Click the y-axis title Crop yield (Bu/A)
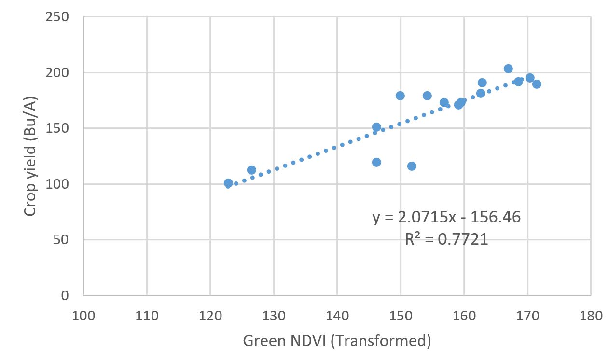click(30, 156)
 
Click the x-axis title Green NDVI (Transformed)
click(337, 341)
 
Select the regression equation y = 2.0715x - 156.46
click(446, 217)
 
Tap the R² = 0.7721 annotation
click(446, 239)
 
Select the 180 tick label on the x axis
click(591, 316)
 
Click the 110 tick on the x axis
click(147, 316)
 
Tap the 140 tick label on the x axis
click(337, 316)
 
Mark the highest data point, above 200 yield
click(508, 69)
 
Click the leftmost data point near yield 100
click(228, 183)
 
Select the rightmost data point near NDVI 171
click(537, 84)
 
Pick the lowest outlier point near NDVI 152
click(412, 166)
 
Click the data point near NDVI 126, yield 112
click(251, 170)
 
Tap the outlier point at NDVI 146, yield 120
click(376, 162)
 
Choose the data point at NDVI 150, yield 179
click(400, 96)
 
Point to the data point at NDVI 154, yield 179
click(427, 96)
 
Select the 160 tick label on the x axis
click(464, 316)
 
